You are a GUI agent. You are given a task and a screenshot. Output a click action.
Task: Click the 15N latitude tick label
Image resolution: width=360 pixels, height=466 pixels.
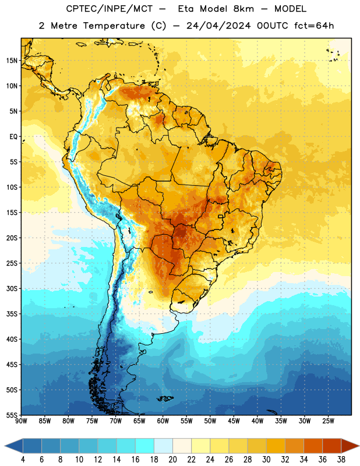(12, 61)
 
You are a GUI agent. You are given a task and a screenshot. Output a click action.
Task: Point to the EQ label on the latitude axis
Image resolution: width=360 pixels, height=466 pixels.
(13, 137)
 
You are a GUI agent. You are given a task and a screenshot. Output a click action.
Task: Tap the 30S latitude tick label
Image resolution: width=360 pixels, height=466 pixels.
(12, 288)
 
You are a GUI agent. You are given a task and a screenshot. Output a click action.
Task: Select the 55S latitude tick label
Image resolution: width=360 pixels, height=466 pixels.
(12, 415)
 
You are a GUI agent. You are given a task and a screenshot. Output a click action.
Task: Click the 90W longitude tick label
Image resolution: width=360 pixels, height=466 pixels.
(21, 421)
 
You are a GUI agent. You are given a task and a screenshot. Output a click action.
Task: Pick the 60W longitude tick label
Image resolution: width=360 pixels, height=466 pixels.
(163, 421)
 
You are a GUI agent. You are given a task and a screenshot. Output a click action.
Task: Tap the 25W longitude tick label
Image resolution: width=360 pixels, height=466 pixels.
(328, 421)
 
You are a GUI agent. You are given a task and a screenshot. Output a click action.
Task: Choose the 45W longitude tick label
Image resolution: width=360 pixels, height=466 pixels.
(234, 421)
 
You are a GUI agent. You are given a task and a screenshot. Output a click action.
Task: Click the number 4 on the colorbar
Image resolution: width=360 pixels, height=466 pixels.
(23, 460)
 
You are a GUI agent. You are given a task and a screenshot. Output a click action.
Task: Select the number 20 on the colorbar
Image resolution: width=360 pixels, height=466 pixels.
(172, 460)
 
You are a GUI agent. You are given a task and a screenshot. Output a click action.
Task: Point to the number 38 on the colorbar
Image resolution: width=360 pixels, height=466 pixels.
(341, 460)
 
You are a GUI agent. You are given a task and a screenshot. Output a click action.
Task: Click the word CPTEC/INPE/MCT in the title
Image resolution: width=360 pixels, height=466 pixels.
(110, 9)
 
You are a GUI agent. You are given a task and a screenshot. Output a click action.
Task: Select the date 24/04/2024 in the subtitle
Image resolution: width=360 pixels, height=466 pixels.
(218, 26)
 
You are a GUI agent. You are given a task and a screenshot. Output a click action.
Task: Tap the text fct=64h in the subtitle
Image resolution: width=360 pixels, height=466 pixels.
(314, 26)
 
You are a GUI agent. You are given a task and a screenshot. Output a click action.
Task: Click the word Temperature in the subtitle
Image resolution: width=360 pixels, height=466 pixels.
(114, 26)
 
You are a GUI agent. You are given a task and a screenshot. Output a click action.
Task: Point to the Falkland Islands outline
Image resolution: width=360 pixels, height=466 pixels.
(165, 398)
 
